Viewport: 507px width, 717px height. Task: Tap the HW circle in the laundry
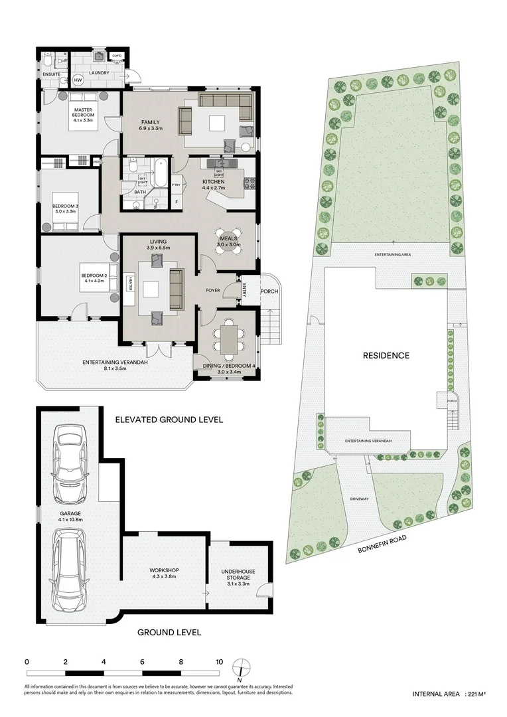(78, 80)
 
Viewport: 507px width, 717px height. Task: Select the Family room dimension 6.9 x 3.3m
(150, 127)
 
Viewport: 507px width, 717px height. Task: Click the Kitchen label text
(214, 182)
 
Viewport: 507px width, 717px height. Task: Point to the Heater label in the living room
(131, 282)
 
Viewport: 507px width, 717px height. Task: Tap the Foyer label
(212, 290)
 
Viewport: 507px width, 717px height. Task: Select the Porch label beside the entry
(269, 291)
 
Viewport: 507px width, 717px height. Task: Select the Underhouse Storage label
(238, 575)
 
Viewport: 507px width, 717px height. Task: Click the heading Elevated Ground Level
(169, 420)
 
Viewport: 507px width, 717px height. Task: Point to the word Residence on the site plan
(386, 355)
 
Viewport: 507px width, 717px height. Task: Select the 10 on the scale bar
(219, 662)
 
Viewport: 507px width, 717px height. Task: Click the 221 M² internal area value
(476, 694)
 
